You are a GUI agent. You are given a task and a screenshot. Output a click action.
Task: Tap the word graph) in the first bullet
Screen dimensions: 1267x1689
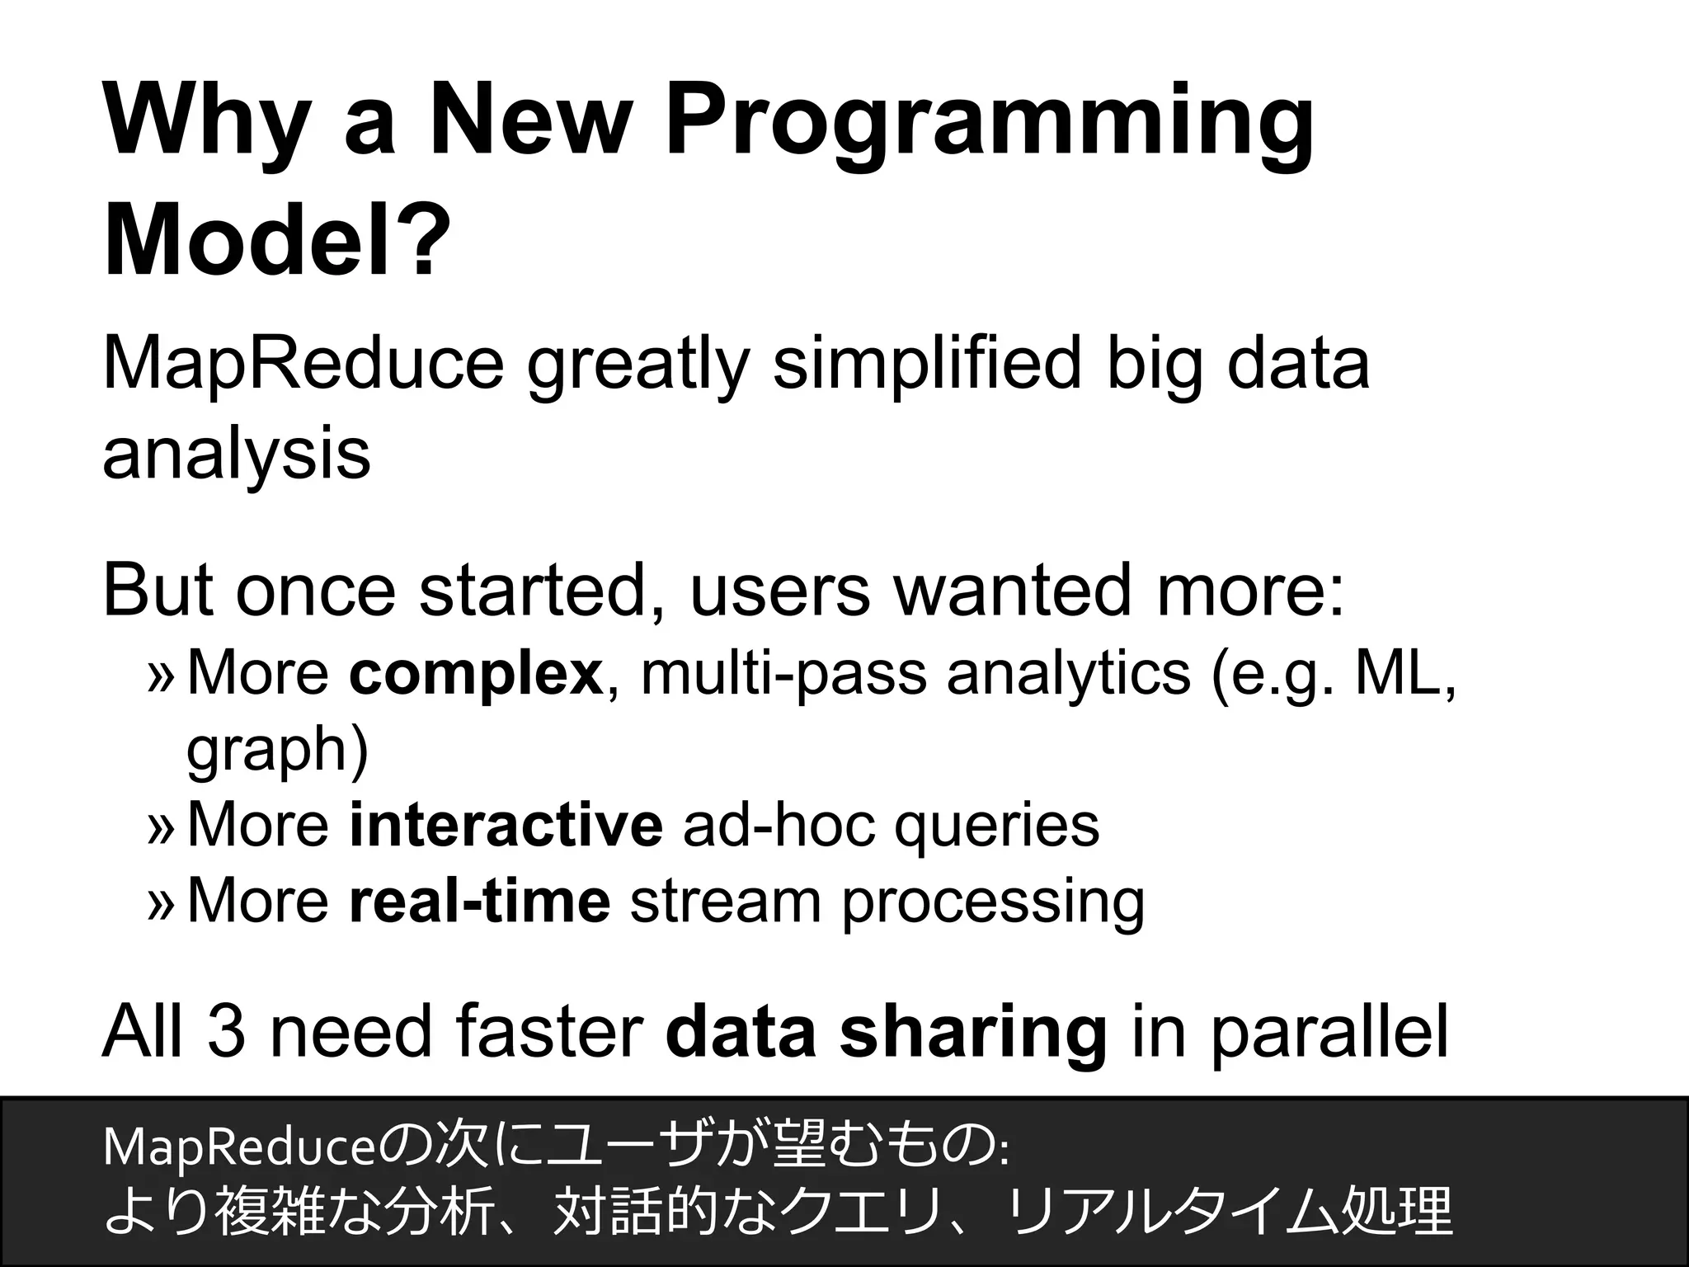coord(277,749)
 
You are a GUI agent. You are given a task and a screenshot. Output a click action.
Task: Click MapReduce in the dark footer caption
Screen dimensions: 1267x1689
coord(239,1147)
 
